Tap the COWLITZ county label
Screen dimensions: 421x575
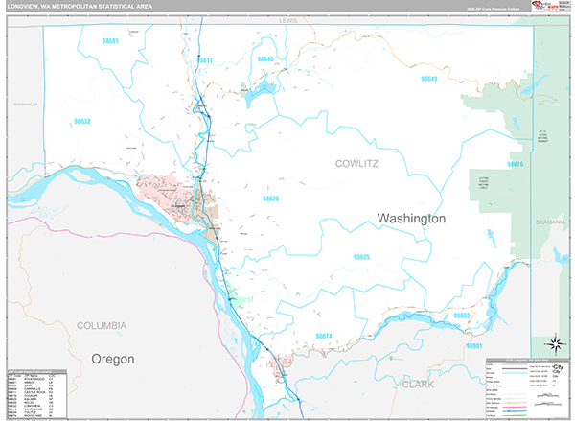[x=358, y=164]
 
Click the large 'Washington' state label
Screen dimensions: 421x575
[x=411, y=219]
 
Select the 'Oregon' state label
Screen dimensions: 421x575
[x=113, y=358]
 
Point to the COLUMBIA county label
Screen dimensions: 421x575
[x=102, y=326]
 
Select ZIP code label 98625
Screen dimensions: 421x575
[x=361, y=257]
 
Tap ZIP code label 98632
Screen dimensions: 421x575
[x=82, y=122]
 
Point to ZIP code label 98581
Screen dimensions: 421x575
[x=111, y=41]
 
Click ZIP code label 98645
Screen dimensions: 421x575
[x=267, y=59]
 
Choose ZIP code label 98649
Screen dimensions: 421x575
[x=428, y=79]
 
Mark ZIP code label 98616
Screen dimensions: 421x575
[x=516, y=165]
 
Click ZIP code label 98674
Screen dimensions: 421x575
[x=323, y=336]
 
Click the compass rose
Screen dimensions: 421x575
[x=553, y=342]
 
